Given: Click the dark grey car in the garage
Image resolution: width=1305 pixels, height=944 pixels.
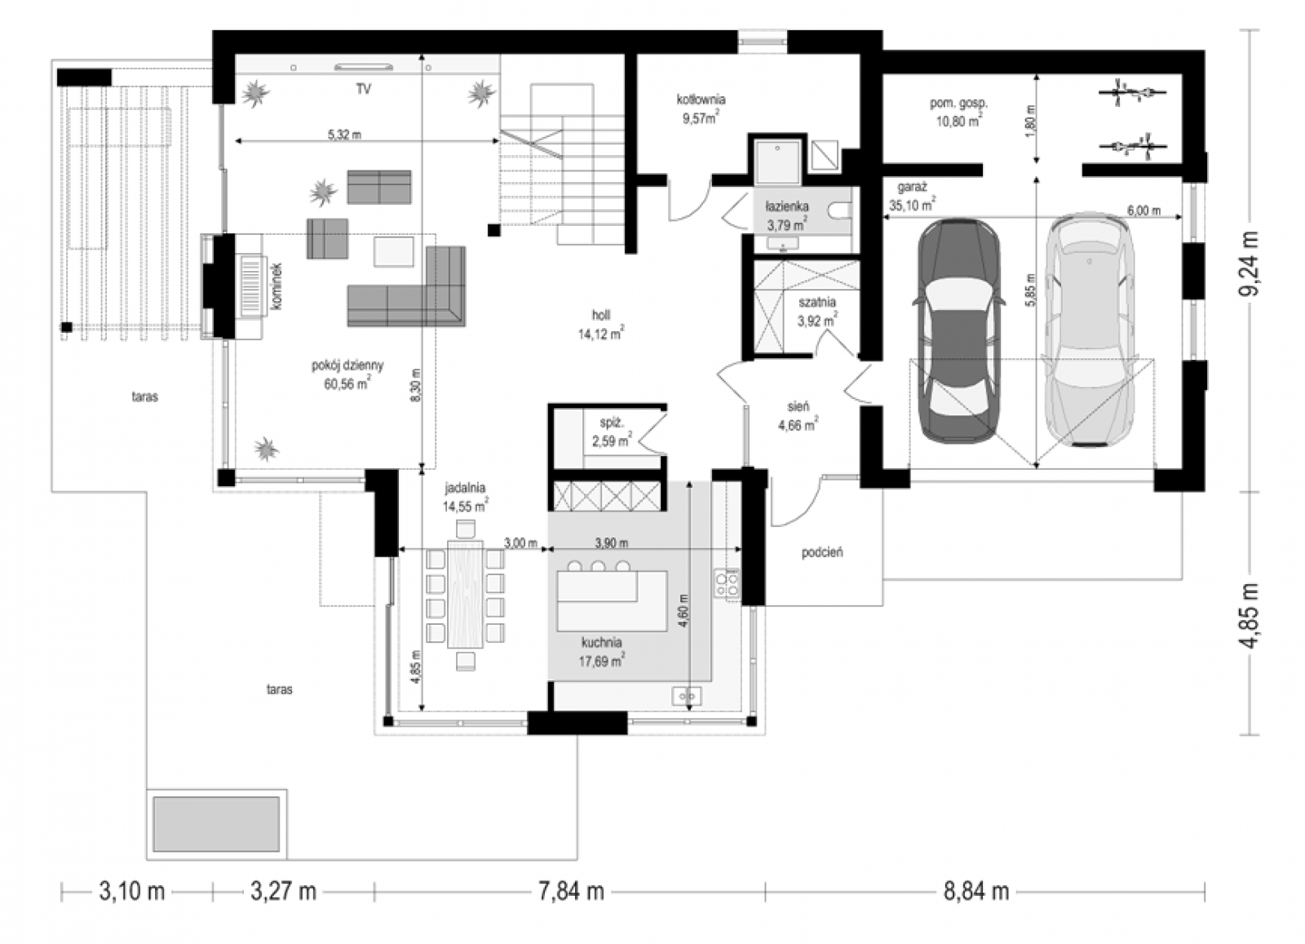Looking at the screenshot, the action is pos(959,331).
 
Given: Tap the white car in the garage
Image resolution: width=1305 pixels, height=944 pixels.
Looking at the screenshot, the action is pos(1088,330).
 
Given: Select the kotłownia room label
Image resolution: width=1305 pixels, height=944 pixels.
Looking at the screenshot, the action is pos(701,99).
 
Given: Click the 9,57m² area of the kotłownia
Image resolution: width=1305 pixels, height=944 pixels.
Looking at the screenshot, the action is pos(701,118).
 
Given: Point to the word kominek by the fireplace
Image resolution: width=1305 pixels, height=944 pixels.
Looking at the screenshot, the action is pos(276,286).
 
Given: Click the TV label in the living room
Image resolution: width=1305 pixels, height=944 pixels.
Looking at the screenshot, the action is pos(364,89).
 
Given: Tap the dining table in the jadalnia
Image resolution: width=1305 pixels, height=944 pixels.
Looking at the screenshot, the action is pos(465,594).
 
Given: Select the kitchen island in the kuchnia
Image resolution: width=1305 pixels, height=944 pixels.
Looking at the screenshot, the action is pos(612,601).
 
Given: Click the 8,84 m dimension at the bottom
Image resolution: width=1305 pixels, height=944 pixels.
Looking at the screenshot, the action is pos(976,891).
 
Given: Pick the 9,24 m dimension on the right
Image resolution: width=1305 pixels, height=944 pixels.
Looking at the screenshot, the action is pos(1249,264).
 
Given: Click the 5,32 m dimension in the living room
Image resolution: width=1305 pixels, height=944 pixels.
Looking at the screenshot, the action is pos(344,135).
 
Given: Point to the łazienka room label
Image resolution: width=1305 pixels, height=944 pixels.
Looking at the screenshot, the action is pos(787,206).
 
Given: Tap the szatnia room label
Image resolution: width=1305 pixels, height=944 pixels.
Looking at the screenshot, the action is pos(816,303).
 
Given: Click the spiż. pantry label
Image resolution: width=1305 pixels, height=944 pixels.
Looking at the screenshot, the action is pos(612,423).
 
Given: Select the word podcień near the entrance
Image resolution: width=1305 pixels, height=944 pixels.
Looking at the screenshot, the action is pos(822,552).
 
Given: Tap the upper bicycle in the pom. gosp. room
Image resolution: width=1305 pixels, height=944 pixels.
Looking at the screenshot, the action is pos(1132,92).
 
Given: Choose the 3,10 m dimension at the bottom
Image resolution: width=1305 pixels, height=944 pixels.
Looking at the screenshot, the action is pos(131,891).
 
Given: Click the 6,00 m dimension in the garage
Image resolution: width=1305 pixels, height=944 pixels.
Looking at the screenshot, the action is pos(1144,211).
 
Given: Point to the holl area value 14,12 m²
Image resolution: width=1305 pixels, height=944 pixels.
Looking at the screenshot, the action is pos(600,334).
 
